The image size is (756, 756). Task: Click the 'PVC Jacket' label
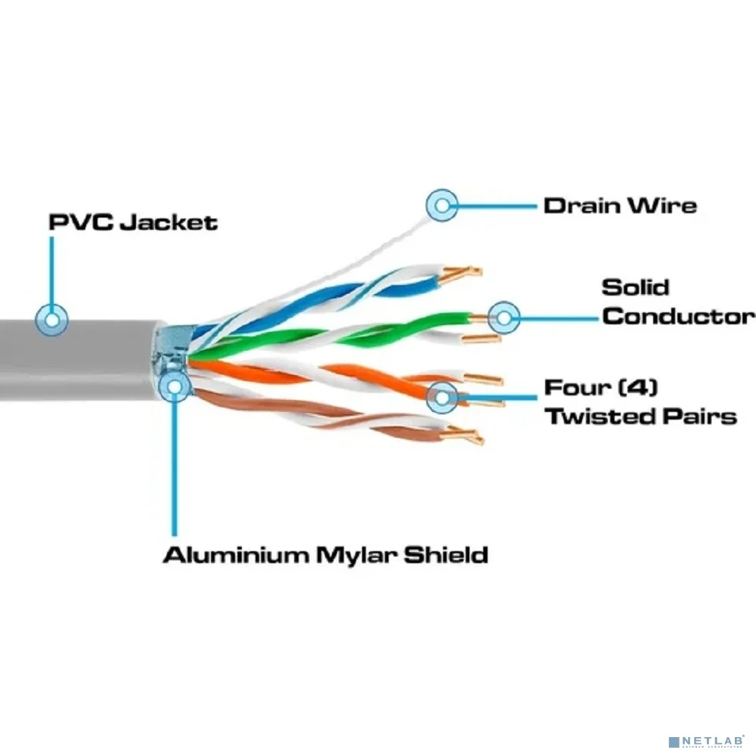point(133,222)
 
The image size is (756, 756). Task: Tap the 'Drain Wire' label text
point(620,206)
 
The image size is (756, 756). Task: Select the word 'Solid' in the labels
point(636,287)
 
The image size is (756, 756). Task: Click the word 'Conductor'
point(678,317)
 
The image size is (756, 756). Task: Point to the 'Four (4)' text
point(601,388)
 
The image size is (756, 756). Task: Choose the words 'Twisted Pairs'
point(641,417)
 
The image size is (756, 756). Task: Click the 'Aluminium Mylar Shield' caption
point(325,555)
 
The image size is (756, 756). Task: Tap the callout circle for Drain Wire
point(442,206)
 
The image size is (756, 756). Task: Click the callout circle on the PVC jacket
point(51,320)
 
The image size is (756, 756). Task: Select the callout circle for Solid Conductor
point(503,318)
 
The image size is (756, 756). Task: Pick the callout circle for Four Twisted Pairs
point(442,398)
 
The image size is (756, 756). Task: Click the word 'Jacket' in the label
point(169,223)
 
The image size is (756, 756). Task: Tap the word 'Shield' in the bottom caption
point(446,555)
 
